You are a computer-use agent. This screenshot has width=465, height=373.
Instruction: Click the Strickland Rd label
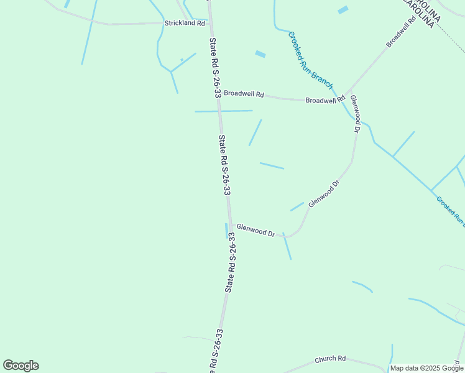tap(185, 23)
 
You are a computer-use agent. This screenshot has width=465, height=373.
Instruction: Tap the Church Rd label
tap(330, 359)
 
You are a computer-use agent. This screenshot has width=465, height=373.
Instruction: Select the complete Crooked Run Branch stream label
tap(311, 60)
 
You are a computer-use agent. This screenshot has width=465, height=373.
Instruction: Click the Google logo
tap(21, 366)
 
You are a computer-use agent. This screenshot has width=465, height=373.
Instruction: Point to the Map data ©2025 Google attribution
tap(426, 368)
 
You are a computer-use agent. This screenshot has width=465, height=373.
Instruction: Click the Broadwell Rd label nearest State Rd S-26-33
tap(244, 94)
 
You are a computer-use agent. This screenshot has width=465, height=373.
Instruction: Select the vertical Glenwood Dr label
tap(355, 114)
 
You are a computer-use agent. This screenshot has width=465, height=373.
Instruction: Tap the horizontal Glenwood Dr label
tap(256, 231)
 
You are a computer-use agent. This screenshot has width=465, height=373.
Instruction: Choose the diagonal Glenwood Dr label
tap(325, 193)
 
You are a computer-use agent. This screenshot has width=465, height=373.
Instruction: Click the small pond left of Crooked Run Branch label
tap(260, 54)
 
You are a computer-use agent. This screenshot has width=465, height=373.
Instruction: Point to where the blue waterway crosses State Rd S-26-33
tap(219, 111)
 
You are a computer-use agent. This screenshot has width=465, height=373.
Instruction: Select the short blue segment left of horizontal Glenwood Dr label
tap(226, 231)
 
